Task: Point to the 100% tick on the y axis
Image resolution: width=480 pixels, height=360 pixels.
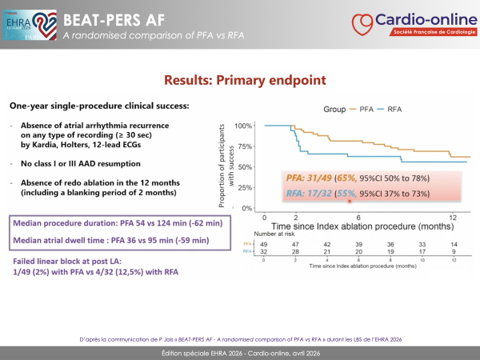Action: [x=243, y=126]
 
